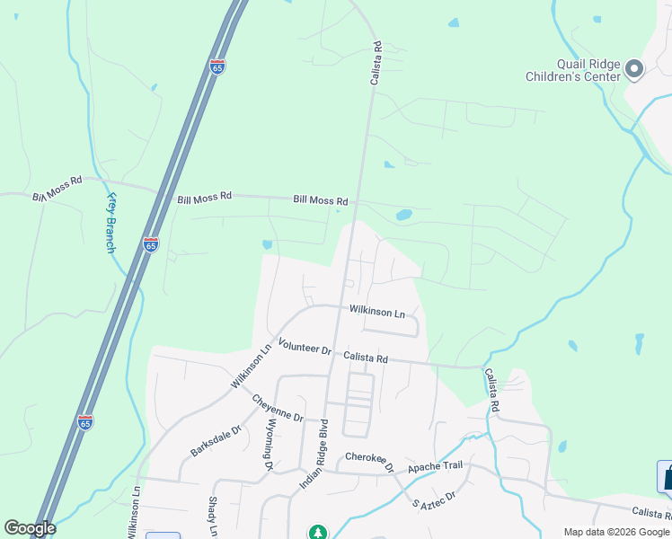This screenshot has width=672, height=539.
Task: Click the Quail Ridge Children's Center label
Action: pyautogui.click(x=576, y=69)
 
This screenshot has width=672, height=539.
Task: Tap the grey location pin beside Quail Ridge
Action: pyautogui.click(x=634, y=69)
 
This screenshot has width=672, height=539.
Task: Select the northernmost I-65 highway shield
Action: pyautogui.click(x=217, y=66)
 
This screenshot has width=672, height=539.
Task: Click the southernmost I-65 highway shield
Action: pyautogui.click(x=84, y=420)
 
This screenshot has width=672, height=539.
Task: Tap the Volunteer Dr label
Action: pyautogui.click(x=305, y=346)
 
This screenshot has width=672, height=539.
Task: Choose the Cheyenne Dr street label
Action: pyautogui.click(x=278, y=409)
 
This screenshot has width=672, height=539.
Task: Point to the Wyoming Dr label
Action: pyautogui.click(x=268, y=447)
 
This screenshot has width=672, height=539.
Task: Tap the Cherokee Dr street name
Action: pyautogui.click(x=370, y=461)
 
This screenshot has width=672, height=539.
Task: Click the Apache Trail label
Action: pyautogui.click(x=435, y=468)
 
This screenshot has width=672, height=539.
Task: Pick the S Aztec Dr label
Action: pyautogui.click(x=435, y=495)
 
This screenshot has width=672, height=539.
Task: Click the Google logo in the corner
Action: pyautogui.click(x=30, y=528)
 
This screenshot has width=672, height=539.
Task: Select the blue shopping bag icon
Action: pyautogui.click(x=666, y=475)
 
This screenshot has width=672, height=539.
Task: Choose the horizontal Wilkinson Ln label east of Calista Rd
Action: pyautogui.click(x=378, y=312)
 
